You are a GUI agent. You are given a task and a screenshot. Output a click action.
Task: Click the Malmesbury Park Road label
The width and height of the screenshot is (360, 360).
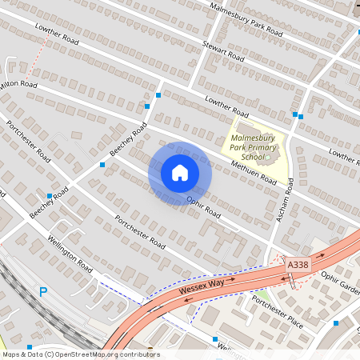[245, 20]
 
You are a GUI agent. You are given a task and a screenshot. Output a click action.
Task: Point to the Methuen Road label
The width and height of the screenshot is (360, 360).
[253, 170]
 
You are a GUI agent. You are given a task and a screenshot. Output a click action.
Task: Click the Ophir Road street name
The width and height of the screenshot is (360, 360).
[202, 206]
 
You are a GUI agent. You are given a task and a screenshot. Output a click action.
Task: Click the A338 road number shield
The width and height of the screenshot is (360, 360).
[297, 264]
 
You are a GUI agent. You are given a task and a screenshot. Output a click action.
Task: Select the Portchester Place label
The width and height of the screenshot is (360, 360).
[276, 310]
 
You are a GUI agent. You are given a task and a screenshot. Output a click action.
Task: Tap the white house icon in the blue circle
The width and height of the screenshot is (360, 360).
[180, 173]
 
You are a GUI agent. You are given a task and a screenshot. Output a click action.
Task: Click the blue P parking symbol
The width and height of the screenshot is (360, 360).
[43, 293]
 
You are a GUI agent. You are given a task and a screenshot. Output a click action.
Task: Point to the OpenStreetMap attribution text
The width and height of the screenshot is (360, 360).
[80, 354]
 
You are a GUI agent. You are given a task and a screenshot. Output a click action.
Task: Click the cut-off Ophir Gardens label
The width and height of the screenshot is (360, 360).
[342, 284]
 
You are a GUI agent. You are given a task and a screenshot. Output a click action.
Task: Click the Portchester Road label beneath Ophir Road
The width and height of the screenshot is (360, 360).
[139, 232]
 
